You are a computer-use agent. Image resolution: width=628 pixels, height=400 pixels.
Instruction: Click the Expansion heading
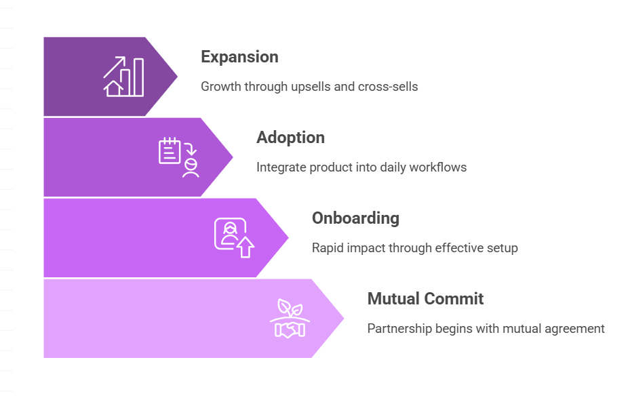(239, 57)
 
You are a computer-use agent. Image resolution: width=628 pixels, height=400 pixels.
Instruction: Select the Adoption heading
(290, 138)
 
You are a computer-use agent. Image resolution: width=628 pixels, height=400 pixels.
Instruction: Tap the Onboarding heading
(355, 218)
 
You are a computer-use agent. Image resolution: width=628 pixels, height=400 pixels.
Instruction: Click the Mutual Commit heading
(425, 298)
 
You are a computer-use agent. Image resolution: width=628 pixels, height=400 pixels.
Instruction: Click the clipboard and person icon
(179, 157)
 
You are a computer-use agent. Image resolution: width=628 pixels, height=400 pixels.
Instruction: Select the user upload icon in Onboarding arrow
(234, 238)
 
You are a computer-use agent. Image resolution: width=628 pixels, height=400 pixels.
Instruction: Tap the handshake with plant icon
(290, 319)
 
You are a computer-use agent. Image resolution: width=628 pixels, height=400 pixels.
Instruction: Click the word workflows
(440, 167)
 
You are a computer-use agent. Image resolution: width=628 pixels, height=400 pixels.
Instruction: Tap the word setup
(503, 247)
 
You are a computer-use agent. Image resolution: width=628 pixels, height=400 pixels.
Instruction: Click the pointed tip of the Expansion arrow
(176, 77)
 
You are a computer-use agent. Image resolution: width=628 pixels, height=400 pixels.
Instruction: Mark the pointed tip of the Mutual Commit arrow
(343, 319)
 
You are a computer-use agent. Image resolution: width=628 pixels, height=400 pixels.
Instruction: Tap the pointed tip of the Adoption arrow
(232, 157)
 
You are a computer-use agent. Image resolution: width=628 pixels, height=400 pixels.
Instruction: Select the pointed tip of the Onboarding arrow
(288, 238)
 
